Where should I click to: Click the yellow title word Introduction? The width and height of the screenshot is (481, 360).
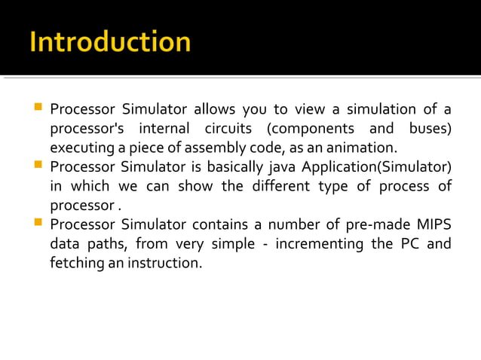(x=110, y=41)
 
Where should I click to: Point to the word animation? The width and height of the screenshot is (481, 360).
(x=360, y=147)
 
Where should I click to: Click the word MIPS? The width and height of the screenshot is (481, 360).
(x=433, y=224)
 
